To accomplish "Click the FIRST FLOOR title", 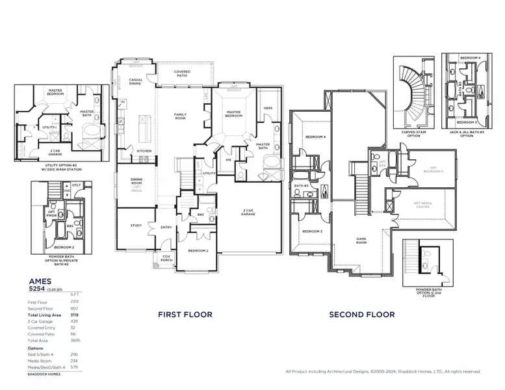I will tap(185, 315).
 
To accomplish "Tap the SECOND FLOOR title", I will tap(361, 315).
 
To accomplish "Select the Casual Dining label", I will tap(136, 81).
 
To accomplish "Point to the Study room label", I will tap(136, 226).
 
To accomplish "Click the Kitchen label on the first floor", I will tap(144, 151).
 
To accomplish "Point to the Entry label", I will tap(166, 227).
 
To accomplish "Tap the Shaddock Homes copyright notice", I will tap(383, 372).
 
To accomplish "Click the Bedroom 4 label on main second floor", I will tap(315, 137).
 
